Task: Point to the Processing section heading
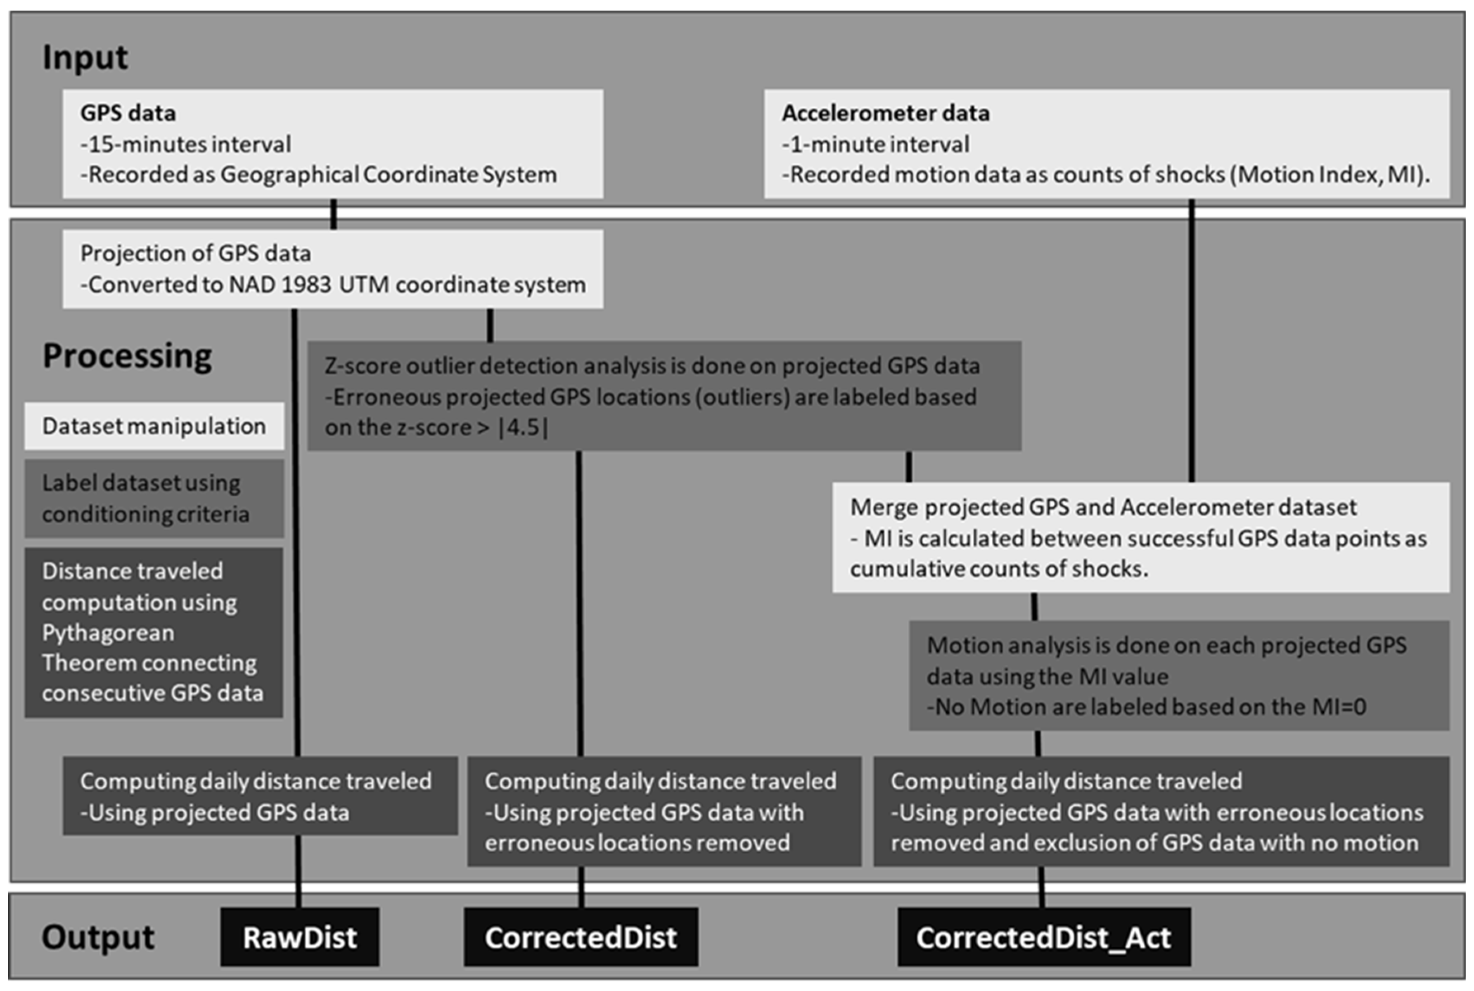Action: [127, 356]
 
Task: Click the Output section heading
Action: [97, 937]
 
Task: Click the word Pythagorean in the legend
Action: [108, 633]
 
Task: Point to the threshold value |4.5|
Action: [524, 427]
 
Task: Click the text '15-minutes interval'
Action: [189, 144]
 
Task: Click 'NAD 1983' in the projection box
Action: [280, 285]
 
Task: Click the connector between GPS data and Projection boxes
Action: [334, 214]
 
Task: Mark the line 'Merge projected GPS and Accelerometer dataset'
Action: [1103, 507]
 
